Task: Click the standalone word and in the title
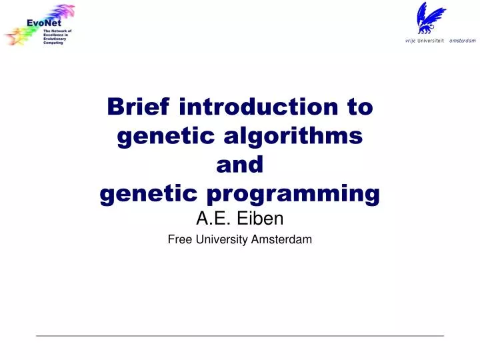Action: pyautogui.click(x=240, y=165)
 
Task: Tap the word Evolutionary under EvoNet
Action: pyautogui.click(x=55, y=39)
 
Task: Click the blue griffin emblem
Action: pyautogui.click(x=429, y=17)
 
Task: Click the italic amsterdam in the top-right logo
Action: pyautogui.click(x=463, y=40)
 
